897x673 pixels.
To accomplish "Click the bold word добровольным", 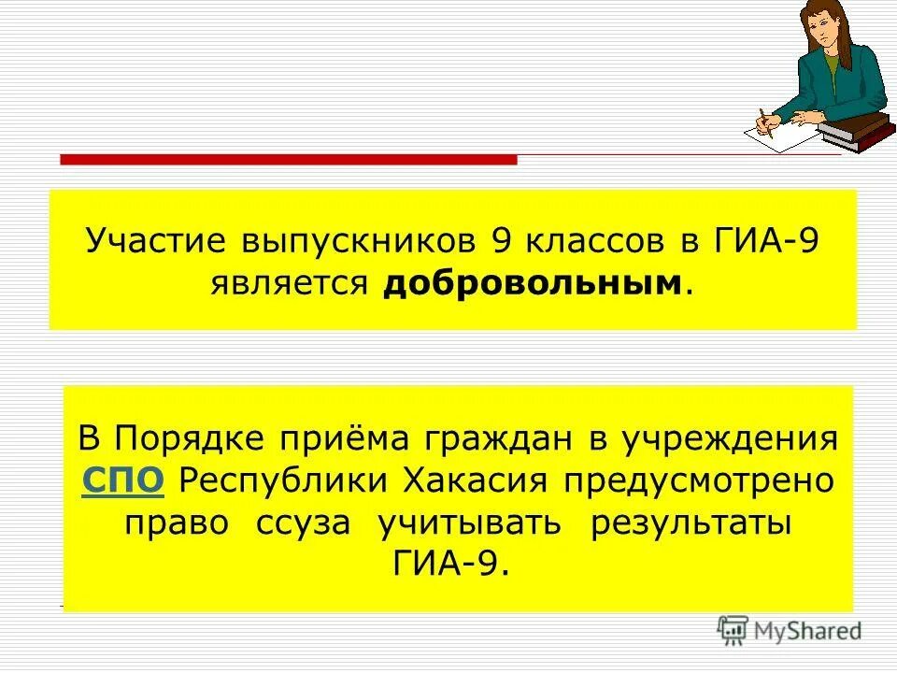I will point(531,282).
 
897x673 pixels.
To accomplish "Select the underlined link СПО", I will point(123,480).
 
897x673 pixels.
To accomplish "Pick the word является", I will point(287,282).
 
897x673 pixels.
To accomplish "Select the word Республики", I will point(285,480).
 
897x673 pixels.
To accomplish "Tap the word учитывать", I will point(470,523).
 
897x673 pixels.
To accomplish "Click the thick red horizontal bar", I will point(288,160).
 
